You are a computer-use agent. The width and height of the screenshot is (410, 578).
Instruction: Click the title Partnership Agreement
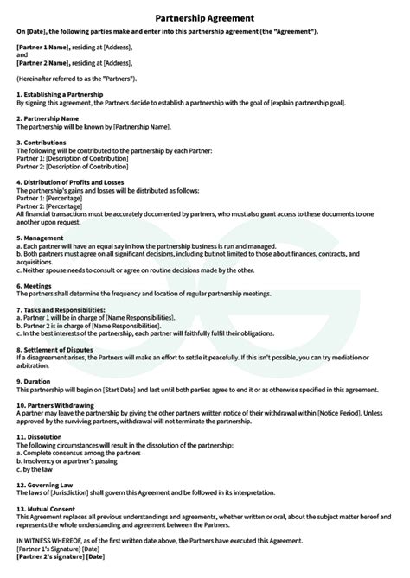pyautogui.click(x=204, y=16)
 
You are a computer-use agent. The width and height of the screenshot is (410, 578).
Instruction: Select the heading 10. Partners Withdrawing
pyautogui.click(x=60, y=403)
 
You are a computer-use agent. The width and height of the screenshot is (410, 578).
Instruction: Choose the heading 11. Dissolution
pyautogui.click(x=42, y=435)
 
